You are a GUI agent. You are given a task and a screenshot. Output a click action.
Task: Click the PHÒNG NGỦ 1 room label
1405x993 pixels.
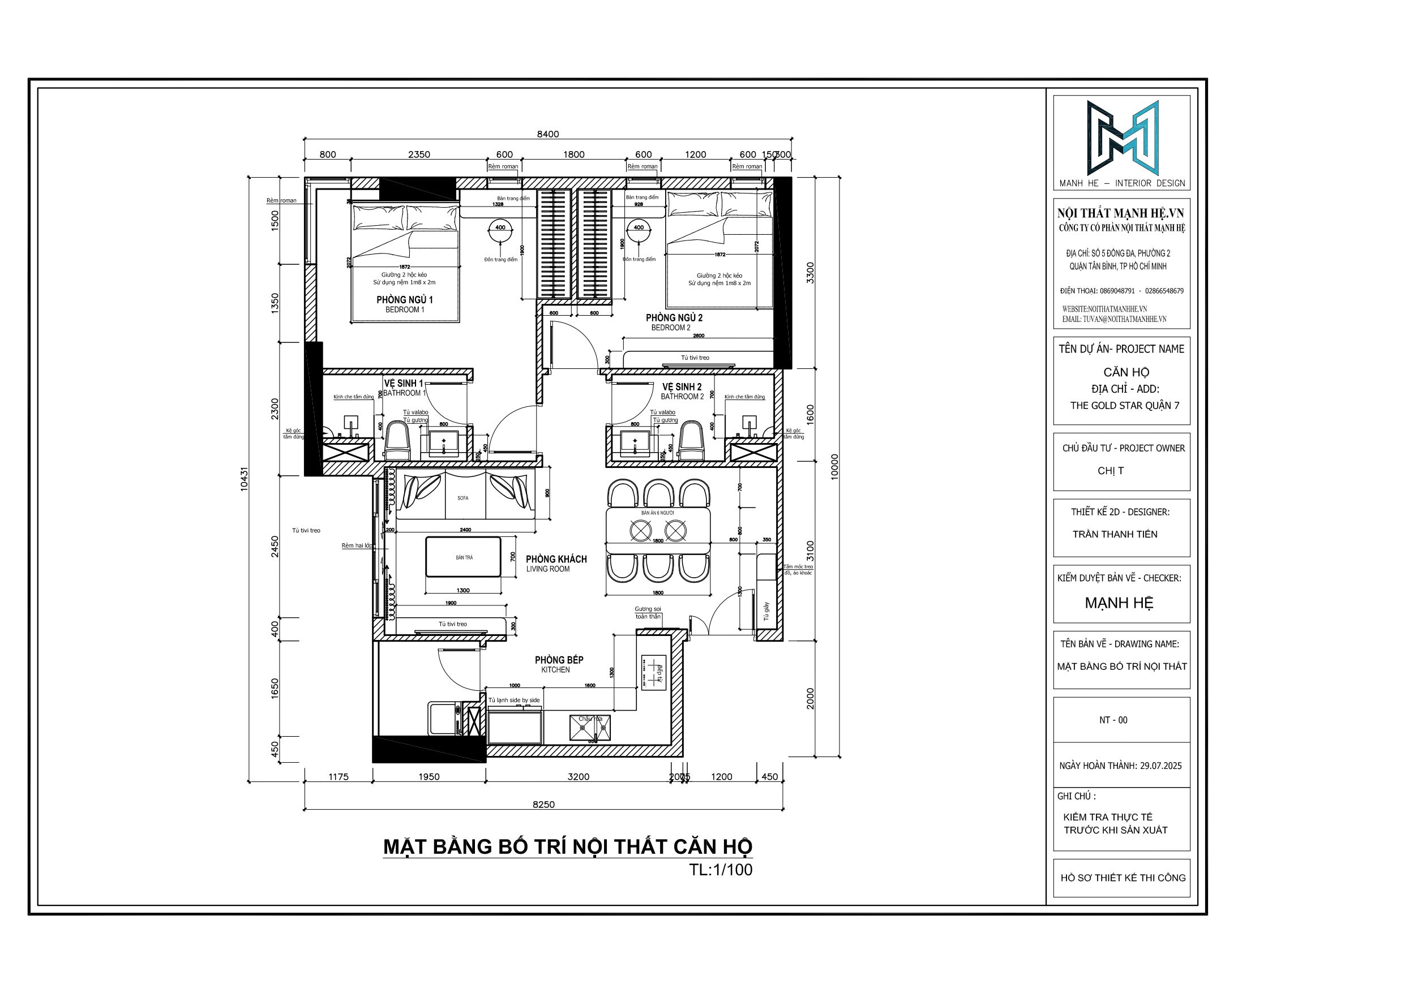point(405,300)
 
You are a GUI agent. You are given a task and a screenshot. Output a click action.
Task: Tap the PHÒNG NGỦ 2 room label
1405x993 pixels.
point(674,318)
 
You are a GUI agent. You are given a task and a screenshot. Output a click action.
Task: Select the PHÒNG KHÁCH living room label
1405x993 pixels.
point(556,559)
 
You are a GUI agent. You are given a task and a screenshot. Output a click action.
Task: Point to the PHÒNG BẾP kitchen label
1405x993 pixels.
point(559,660)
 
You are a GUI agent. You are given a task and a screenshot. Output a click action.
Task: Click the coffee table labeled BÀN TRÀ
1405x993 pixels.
point(464,557)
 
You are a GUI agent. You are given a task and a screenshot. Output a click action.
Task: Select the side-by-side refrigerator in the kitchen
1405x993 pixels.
point(515,727)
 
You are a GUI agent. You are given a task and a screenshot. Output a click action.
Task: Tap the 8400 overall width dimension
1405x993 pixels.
point(548,135)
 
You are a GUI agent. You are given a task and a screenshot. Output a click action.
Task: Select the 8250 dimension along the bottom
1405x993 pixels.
point(543,805)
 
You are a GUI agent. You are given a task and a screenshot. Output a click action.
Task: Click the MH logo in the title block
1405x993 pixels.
point(1123,137)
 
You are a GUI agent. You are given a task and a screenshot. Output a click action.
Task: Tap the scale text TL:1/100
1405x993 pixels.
point(721,870)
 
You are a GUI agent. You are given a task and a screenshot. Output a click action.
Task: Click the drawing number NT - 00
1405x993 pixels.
point(1113,720)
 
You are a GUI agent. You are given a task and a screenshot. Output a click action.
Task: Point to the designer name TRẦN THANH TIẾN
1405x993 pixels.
point(1115,534)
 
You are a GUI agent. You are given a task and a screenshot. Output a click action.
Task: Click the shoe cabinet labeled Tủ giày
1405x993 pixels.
point(765,612)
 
